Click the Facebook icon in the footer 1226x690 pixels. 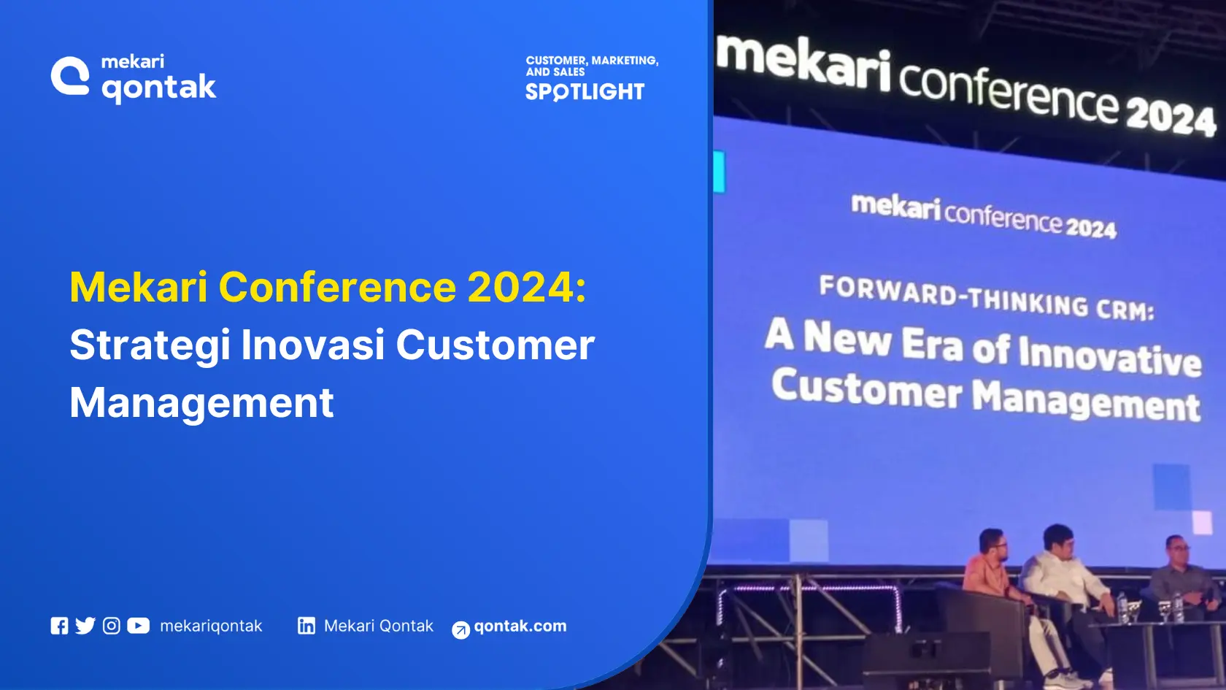point(59,626)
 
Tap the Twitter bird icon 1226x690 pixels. point(85,626)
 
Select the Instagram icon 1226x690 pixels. point(112,626)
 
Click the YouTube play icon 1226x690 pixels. point(138,626)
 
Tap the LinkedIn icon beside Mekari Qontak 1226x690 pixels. point(306,626)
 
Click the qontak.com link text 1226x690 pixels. point(520,626)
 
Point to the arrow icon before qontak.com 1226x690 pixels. point(460,630)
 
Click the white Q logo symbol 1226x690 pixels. point(70,76)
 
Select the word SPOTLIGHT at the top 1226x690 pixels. point(585,92)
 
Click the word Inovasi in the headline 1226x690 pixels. point(313,345)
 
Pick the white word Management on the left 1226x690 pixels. point(201,402)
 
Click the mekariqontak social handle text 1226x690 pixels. point(211,626)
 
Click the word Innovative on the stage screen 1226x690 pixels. point(1109,356)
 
